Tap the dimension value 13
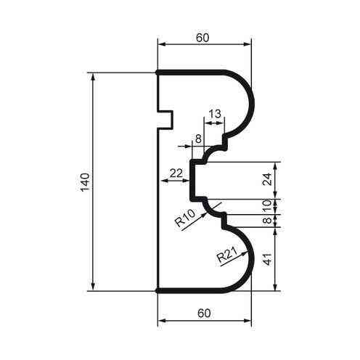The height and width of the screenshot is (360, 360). coord(215,113)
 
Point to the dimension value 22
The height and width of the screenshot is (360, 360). coord(175,172)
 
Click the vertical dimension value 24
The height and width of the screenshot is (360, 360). coord(266,179)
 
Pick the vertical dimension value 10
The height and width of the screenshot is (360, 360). coord(266,205)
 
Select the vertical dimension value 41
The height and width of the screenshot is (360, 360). coord(266,258)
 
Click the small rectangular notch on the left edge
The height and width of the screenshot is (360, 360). coord(166,118)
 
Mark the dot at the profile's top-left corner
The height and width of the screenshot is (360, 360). coord(158,73)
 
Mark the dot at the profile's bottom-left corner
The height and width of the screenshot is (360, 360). coord(158,290)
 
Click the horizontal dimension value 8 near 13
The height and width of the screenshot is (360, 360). coord(197,136)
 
